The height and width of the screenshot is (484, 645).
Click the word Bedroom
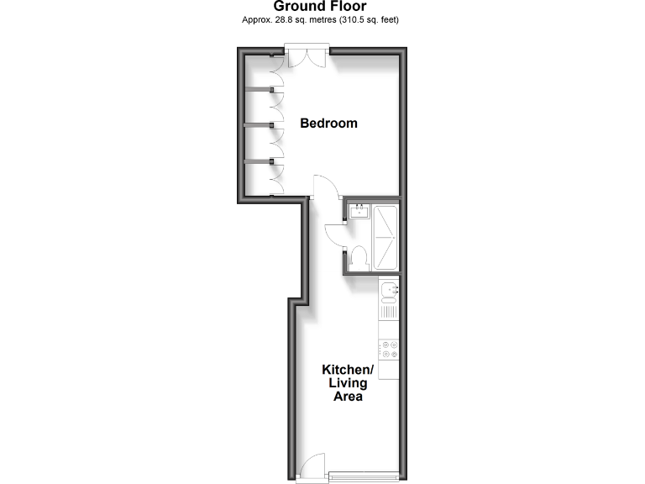328,124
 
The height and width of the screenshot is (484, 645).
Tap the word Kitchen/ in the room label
347,370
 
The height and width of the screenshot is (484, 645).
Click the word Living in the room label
347,383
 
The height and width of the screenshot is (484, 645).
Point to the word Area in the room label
347,397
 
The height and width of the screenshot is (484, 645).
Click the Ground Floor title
322,7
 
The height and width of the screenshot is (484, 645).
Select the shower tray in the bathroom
386,237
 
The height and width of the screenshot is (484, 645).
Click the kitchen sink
388,292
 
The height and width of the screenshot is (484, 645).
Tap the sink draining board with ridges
388,311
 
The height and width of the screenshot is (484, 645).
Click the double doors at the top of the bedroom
307,58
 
